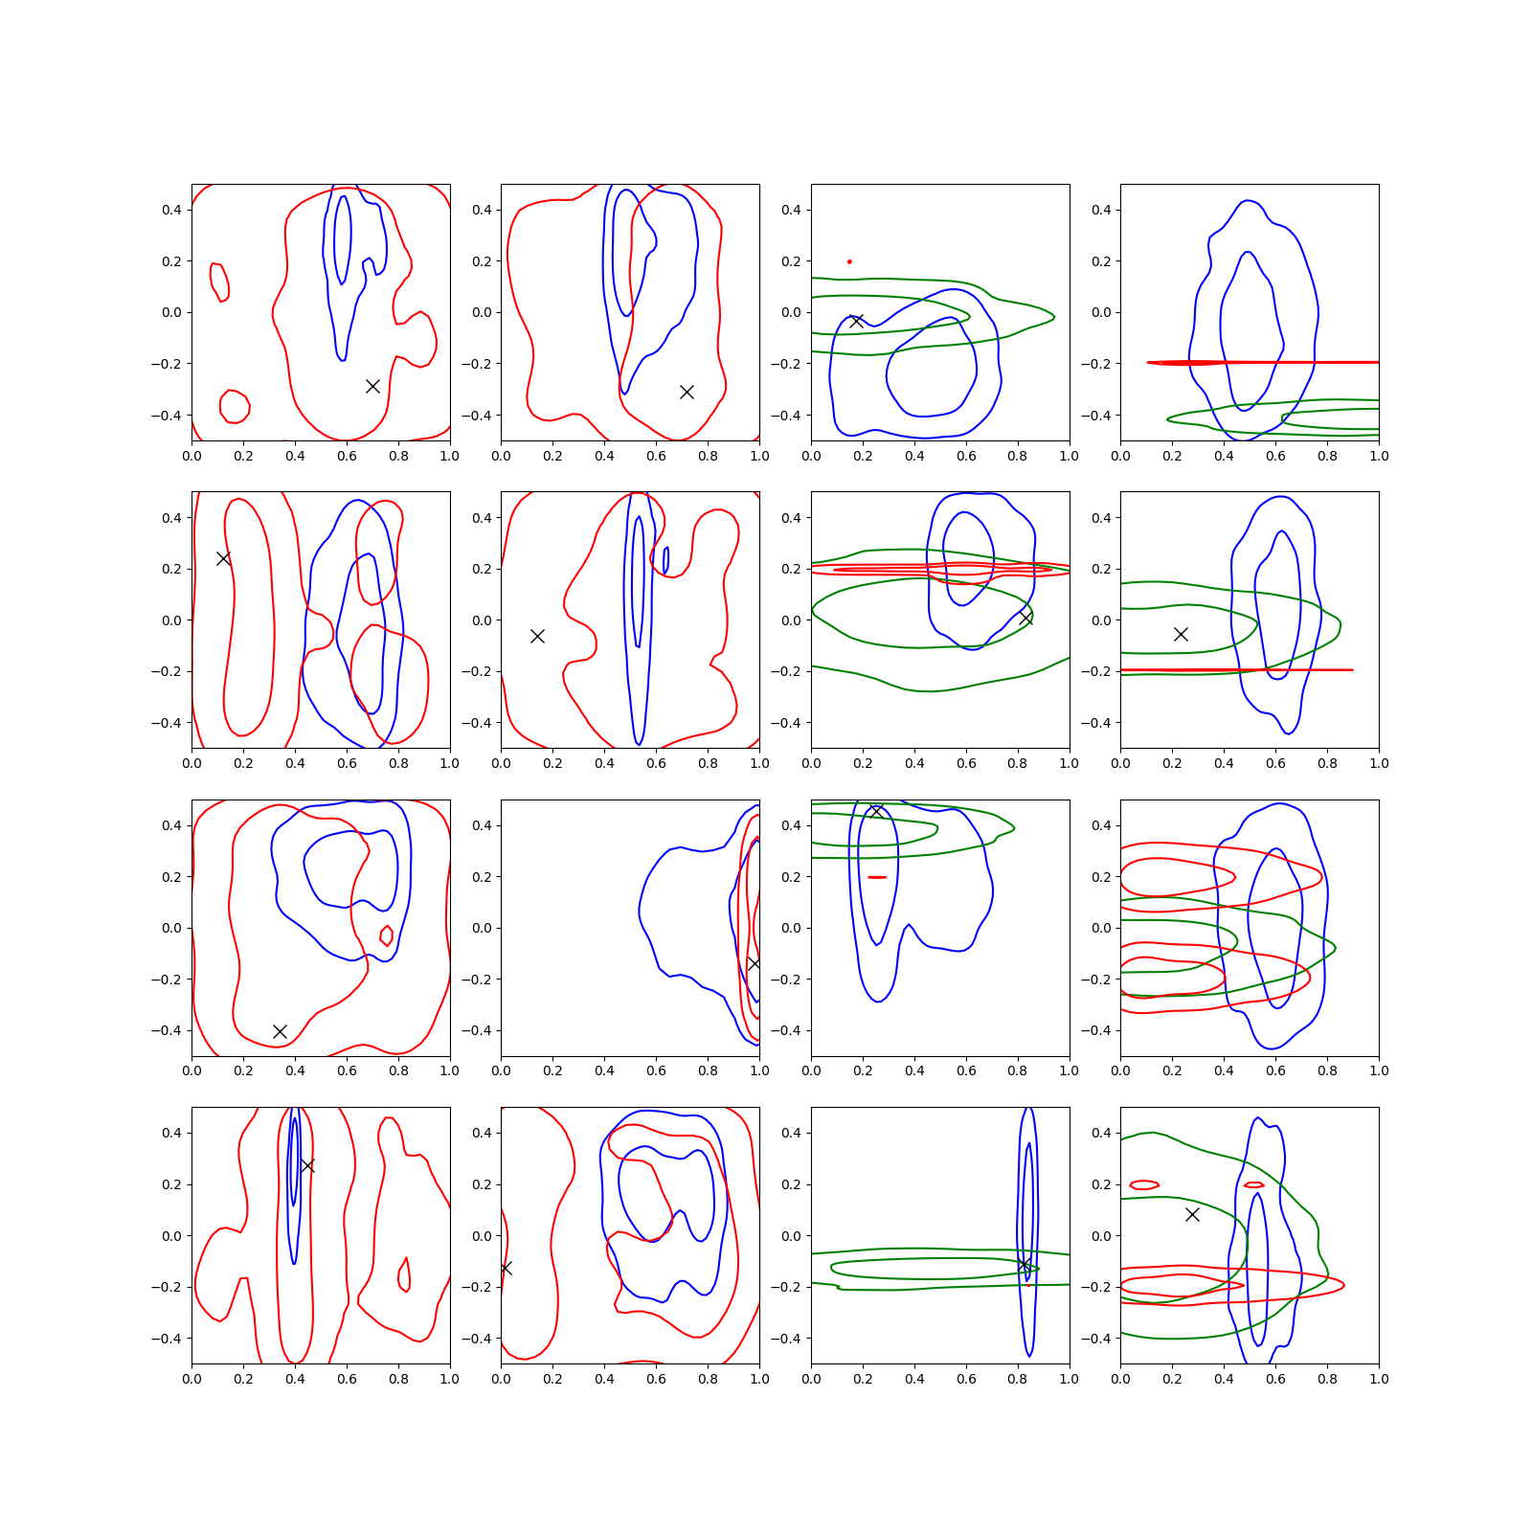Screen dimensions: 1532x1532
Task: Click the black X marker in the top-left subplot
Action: click(x=372, y=386)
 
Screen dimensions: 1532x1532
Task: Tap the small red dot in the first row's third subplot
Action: click(x=849, y=261)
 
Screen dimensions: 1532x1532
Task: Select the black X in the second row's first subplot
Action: click(x=223, y=558)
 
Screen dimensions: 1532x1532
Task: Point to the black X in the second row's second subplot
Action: click(x=537, y=636)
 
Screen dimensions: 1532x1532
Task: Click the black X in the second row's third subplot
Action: click(x=1025, y=618)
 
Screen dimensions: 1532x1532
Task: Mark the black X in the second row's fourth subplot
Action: click(x=1181, y=634)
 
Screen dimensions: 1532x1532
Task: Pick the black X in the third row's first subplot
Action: click(x=280, y=1031)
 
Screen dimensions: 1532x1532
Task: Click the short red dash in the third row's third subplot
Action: click(x=877, y=877)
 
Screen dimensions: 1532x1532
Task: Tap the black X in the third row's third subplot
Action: click(x=875, y=812)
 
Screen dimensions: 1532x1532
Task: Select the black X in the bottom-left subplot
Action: click(x=307, y=1165)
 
